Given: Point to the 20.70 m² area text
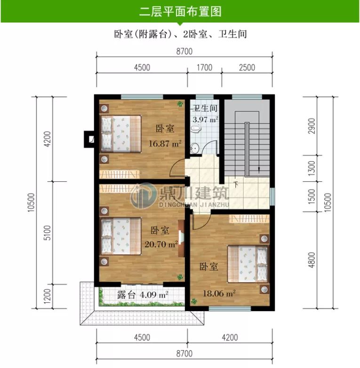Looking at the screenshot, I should coord(161,244).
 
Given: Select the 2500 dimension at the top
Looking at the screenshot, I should coord(247,68).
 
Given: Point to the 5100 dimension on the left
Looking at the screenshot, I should coord(46,233).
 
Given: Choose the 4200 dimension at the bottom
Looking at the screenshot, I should coord(230,337).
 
